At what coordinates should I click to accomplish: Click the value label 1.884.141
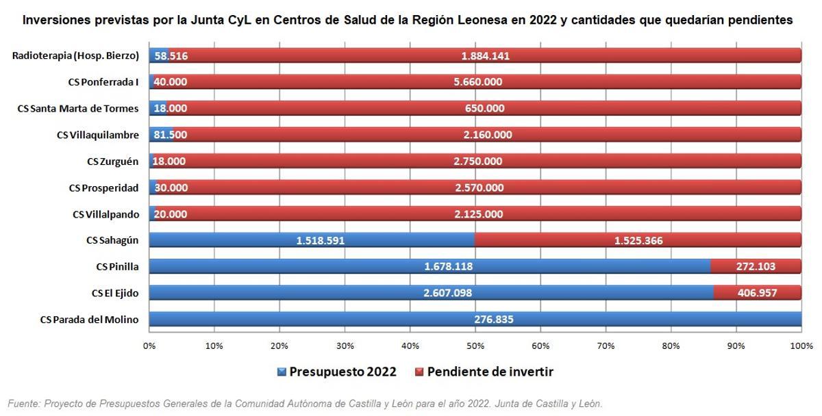(485, 56)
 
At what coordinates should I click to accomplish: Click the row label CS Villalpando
(105, 214)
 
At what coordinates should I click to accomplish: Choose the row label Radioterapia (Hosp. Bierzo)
(75, 55)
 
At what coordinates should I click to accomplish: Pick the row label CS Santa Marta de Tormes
(78, 108)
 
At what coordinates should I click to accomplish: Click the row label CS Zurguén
(112, 161)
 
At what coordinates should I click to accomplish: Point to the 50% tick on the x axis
(475, 346)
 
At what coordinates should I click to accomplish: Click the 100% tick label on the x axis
(801, 346)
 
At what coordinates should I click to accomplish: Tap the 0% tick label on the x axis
(149, 346)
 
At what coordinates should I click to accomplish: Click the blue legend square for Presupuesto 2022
(282, 372)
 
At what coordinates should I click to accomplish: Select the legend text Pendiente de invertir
(490, 372)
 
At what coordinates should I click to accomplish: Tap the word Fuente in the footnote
(23, 404)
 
